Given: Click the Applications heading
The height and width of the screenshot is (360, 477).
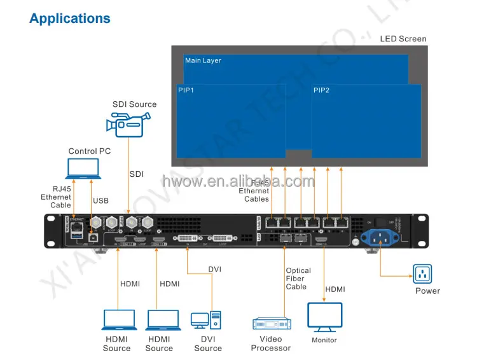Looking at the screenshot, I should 70,18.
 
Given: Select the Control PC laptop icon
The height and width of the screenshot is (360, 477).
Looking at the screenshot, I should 83,168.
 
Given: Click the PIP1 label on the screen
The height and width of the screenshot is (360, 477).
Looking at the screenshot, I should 186,90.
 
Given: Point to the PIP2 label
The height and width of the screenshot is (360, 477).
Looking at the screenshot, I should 321,90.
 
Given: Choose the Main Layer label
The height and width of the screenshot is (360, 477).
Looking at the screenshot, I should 203,61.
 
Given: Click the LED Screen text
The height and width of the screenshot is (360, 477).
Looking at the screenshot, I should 403,39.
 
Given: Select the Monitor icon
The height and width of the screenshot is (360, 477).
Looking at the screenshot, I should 324,317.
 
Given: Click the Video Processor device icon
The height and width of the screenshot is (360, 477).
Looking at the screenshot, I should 272,324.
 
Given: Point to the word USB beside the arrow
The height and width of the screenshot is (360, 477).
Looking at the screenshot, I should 101,200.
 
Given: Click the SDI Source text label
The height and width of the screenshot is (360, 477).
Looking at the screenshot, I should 134,104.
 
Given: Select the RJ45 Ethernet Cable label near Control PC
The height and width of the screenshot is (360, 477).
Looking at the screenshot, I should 56,197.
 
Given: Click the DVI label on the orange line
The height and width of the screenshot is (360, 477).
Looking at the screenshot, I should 215,270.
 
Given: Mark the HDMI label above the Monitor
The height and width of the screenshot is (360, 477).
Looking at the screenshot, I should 335,289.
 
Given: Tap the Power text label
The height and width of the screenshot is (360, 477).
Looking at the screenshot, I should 427,291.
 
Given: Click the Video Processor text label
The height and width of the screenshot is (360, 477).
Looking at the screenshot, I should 271,343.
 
